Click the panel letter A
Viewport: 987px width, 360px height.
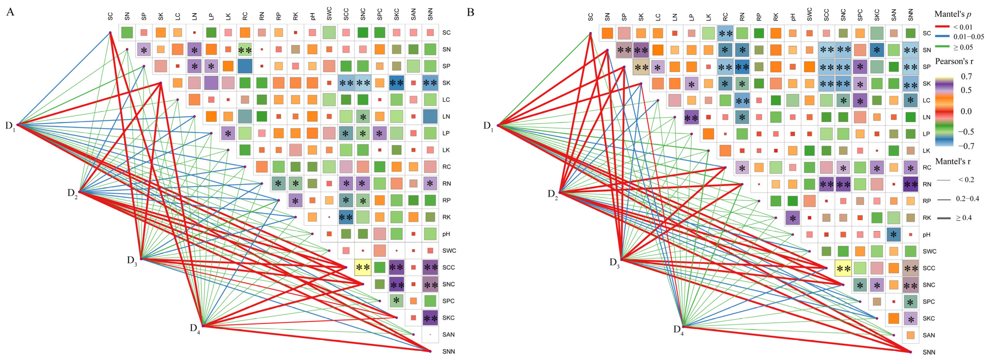pyautogui.click(x=10, y=12)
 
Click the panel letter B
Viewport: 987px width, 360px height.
pyautogui.click(x=471, y=12)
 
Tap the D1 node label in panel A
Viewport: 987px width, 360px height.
pyautogui.click(x=10, y=125)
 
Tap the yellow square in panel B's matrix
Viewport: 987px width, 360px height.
pyautogui.click(x=843, y=268)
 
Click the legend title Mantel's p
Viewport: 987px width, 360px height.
pyautogui.click(x=952, y=14)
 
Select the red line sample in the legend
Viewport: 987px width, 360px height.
pyautogui.click(x=943, y=27)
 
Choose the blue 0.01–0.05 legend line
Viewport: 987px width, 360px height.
pyautogui.click(x=943, y=37)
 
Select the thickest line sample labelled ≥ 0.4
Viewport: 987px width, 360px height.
pyautogui.click(x=944, y=218)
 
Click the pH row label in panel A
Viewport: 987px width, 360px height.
pyautogui.click(x=446, y=234)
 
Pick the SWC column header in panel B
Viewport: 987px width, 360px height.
pyautogui.click(x=809, y=15)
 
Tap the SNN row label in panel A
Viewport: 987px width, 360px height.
pyautogui.click(x=448, y=351)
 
